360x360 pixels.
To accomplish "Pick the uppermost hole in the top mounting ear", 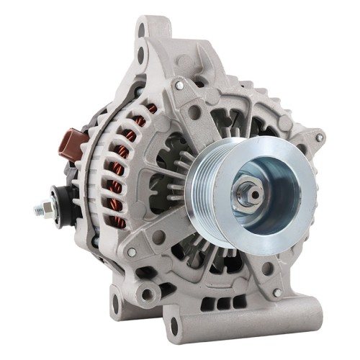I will pos(148,30).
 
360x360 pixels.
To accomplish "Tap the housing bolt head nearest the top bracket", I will pos(179,85).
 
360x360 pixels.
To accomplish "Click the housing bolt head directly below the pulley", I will pos(277,293).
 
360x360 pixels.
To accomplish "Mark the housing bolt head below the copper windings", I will pos(131,252).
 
